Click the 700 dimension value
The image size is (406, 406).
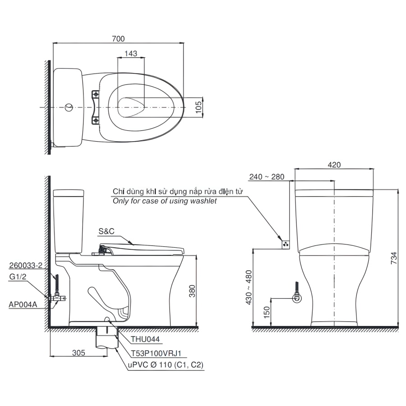118,39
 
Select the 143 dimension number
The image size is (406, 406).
131,53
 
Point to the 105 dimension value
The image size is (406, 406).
198,107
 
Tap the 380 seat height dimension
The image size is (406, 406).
192,291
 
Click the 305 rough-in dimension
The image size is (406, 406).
78,353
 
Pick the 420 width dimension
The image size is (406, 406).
334,165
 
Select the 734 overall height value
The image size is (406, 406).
393,258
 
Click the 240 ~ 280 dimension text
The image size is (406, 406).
267,176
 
